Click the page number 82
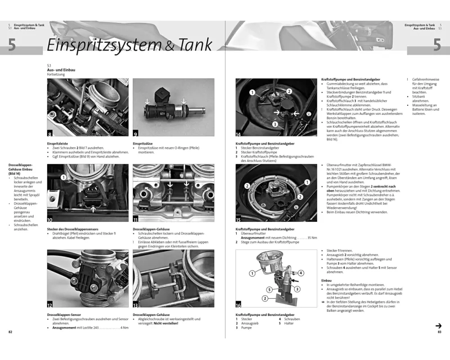tap(10, 332)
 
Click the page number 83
tap(440, 332)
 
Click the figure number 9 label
tap(136, 133)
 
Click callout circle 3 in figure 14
tap(274, 124)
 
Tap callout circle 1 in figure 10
tap(63, 177)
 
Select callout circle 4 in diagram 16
tap(301, 273)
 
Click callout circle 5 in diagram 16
tap(269, 289)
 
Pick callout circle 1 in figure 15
tap(308, 182)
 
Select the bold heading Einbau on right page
tap(327, 280)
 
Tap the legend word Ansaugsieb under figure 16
tap(250, 323)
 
